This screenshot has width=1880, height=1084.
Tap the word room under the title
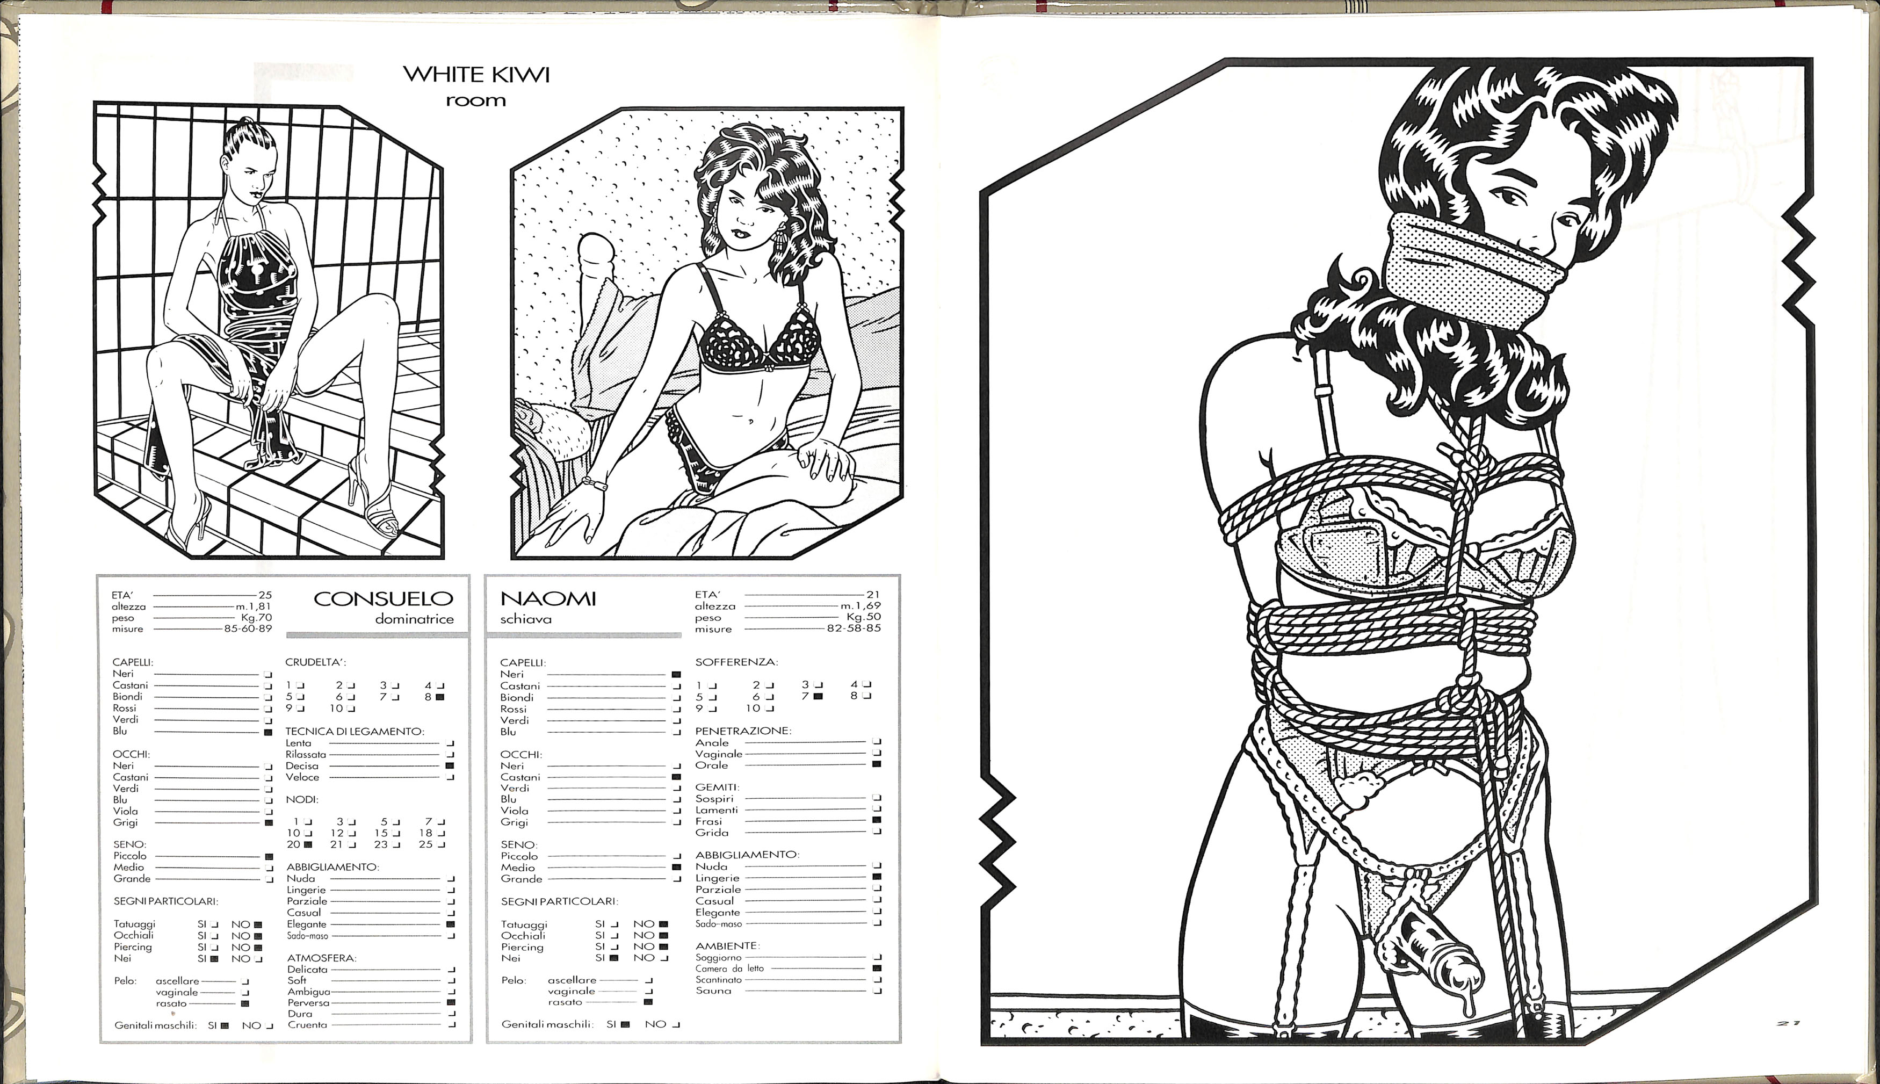point(475,100)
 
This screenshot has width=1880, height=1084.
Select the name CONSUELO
point(384,598)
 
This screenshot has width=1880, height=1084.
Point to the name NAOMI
point(548,598)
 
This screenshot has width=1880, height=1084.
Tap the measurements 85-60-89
point(248,628)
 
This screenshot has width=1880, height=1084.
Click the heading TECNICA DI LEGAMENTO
point(355,731)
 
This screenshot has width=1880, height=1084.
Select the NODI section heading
point(301,800)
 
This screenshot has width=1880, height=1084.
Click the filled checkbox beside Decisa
point(450,765)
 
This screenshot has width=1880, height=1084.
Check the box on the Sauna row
point(878,991)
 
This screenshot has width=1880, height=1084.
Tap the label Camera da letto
point(729,969)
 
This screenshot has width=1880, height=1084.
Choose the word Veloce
point(302,777)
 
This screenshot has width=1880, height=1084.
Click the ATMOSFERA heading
point(322,958)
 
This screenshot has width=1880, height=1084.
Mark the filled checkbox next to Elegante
point(450,924)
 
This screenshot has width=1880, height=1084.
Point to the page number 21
point(1789,1024)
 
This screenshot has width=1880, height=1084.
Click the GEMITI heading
point(717,787)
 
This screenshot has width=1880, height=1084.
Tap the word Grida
point(712,833)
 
